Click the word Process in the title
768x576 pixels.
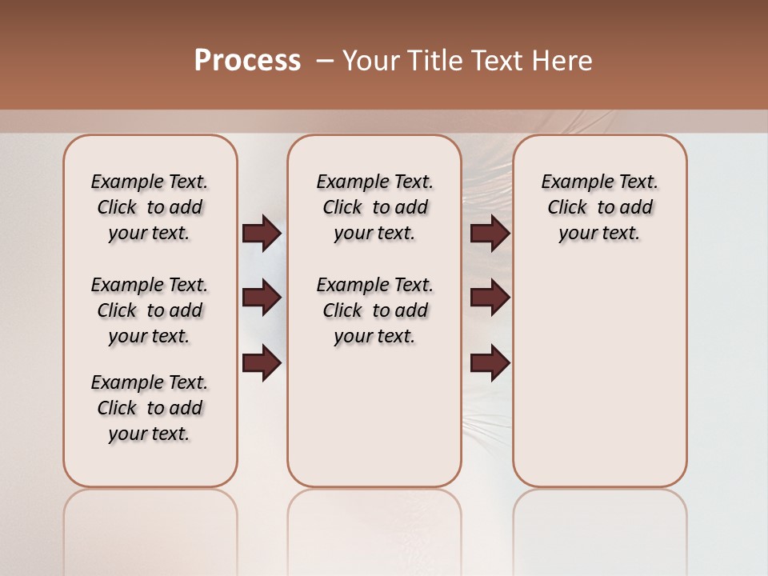coord(247,61)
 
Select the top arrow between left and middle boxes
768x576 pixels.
coord(262,233)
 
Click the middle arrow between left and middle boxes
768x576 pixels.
coord(262,298)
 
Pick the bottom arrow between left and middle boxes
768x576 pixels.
coord(262,362)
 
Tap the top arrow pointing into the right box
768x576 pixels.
coord(490,233)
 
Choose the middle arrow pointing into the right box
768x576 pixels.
coord(490,298)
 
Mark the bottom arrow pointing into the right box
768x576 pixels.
coord(490,362)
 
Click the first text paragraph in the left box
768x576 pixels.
coord(150,207)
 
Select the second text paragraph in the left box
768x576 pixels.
coord(150,310)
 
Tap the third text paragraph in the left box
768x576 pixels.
coord(150,408)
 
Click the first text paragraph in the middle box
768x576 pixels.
coord(374,207)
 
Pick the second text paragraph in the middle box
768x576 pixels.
coord(374,310)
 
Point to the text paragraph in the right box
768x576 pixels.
coord(599,207)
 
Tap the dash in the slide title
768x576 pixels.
coord(324,61)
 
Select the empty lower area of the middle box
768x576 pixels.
coord(374,416)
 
